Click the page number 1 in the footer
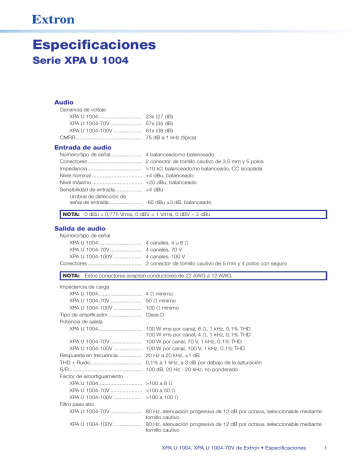click(327, 447)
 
